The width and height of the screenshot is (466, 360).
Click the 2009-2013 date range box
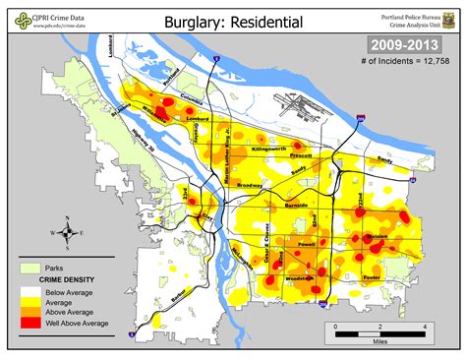pyautogui.click(x=403, y=45)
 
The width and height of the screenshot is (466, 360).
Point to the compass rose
pyautogui.click(x=65, y=233)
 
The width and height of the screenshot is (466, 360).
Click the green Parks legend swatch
pyautogui.click(x=31, y=268)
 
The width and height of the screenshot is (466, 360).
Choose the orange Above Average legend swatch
pyautogui.click(x=31, y=311)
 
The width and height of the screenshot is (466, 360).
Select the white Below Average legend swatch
pyautogui.click(x=31, y=291)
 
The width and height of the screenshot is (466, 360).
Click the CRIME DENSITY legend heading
pyautogui.click(x=65, y=280)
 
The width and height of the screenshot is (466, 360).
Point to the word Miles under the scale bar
pyautogui.click(x=379, y=341)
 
